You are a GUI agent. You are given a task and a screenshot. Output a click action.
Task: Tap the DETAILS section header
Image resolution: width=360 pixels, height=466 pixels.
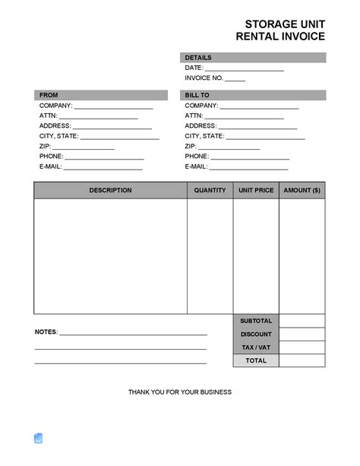[x=198, y=58]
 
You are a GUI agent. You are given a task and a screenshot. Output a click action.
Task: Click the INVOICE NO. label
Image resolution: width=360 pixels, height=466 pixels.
[x=204, y=78]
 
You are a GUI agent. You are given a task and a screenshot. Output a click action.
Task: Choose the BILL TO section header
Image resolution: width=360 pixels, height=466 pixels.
[x=197, y=95]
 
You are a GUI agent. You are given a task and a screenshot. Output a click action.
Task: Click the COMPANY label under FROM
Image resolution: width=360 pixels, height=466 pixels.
[x=55, y=106]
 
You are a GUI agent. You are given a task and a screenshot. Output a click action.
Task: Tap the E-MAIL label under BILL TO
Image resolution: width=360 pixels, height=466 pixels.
[x=196, y=166]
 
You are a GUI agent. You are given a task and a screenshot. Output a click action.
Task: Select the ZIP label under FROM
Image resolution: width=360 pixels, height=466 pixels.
[x=45, y=146]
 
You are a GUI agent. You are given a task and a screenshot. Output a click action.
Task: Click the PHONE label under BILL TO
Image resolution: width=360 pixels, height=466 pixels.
[x=197, y=156]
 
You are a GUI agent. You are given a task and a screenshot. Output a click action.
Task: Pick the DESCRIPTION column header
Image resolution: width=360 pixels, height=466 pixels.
[x=110, y=190]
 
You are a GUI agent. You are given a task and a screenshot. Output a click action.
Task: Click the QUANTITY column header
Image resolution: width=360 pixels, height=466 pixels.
[x=210, y=190]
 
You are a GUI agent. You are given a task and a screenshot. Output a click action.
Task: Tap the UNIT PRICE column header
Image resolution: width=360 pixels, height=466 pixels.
[x=256, y=190]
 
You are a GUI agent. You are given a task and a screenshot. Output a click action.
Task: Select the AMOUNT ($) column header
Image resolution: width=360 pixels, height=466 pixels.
[x=302, y=190]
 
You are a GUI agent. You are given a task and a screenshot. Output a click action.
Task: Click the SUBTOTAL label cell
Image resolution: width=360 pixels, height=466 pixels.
[x=256, y=321]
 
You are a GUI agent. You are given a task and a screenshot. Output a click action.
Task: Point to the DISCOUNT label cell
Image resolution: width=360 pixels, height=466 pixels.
[x=256, y=334]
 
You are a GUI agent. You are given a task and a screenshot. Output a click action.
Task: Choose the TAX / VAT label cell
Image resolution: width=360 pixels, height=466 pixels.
[x=256, y=347]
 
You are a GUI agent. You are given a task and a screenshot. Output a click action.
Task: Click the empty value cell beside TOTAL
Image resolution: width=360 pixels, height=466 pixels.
[x=302, y=360]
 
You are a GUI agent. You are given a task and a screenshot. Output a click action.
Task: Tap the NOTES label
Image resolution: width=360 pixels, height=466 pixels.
[x=46, y=332]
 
